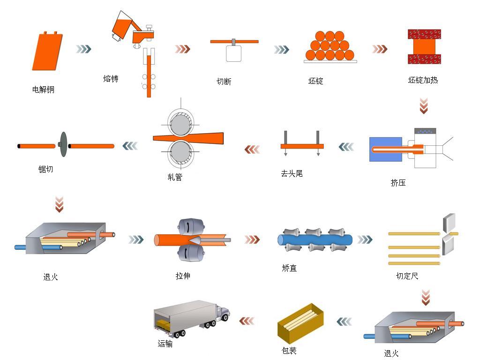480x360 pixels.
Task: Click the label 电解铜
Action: click(43, 90)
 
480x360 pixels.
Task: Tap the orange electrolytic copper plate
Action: click(47, 52)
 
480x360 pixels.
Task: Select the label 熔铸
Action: click(111, 79)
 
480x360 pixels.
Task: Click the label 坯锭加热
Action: click(423, 80)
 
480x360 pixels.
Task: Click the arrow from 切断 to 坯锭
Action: click(281, 49)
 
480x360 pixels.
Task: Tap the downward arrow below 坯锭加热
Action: click(424, 106)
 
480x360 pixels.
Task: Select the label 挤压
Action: click(398, 183)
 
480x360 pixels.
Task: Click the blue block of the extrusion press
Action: click(385, 149)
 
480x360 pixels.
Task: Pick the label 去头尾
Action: click(292, 173)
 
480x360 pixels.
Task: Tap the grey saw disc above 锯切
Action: click(63, 146)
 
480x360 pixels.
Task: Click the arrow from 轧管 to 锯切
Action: click(131, 146)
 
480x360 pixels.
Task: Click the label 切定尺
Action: click(407, 276)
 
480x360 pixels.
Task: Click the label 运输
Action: click(165, 344)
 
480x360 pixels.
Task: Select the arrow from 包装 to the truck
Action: click(247, 321)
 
